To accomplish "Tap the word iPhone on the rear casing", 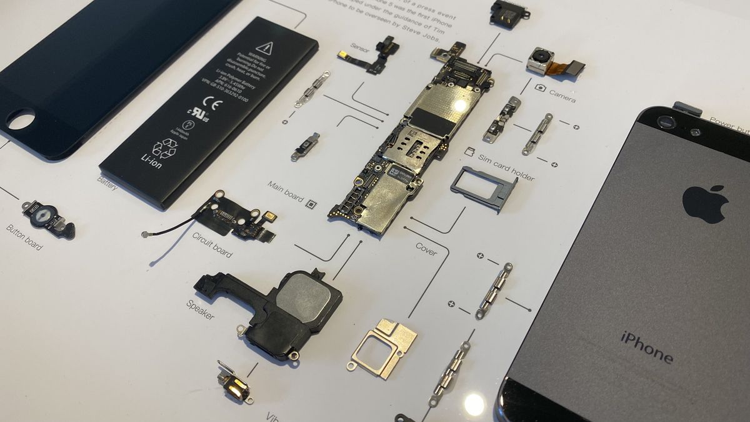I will click(x=647, y=347).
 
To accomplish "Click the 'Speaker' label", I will click(x=200, y=309).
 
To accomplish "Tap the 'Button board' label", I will click(x=24, y=238).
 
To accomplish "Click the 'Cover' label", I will click(x=426, y=249).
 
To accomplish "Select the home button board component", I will click(x=47, y=217).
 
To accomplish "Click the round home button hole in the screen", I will click(x=21, y=119).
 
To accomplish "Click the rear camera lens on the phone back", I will click(x=666, y=123).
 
